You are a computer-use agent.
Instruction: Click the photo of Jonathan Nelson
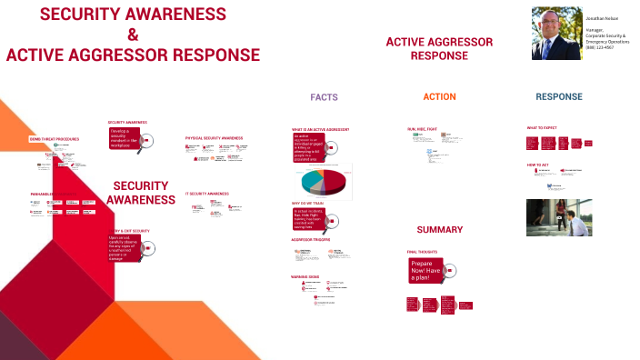(556, 35)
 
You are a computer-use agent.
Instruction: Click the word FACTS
(325, 96)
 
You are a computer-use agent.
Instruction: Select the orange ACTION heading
(439, 96)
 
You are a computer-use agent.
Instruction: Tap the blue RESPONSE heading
(559, 96)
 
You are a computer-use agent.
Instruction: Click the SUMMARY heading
(440, 230)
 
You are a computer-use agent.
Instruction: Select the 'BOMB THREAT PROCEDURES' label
(55, 139)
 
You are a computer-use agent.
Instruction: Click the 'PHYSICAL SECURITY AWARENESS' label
(214, 137)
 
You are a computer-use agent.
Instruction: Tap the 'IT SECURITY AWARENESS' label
(207, 194)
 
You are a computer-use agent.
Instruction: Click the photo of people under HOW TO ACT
(560, 217)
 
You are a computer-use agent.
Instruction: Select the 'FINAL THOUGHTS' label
(423, 252)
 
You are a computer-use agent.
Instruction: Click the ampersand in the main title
(133, 35)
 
